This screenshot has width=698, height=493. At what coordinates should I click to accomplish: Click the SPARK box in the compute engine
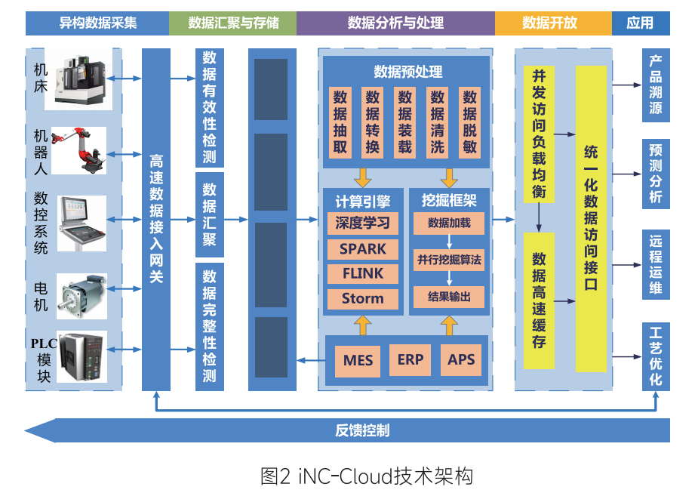363,248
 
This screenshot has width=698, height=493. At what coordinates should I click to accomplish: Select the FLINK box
363,273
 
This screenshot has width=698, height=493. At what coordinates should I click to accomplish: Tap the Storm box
363,298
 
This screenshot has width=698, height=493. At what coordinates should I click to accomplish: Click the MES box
358,360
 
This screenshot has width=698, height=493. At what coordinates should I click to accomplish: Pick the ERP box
410,359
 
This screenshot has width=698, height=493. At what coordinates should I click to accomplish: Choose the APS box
461,359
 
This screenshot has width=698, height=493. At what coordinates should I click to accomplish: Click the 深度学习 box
363,223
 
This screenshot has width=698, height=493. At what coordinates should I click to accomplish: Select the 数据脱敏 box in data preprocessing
470,122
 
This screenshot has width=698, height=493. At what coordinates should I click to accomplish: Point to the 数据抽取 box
340,122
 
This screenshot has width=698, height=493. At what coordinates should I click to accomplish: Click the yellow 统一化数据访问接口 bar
591,219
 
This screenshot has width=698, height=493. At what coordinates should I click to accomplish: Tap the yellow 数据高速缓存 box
539,300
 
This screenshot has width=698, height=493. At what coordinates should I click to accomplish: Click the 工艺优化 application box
656,356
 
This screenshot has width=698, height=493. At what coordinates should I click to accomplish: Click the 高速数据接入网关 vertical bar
156,219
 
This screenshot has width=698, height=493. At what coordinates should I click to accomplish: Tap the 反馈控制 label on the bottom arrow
362,431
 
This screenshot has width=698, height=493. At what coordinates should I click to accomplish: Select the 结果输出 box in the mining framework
449,297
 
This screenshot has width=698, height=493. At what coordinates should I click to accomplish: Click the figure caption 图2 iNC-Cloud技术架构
366,476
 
